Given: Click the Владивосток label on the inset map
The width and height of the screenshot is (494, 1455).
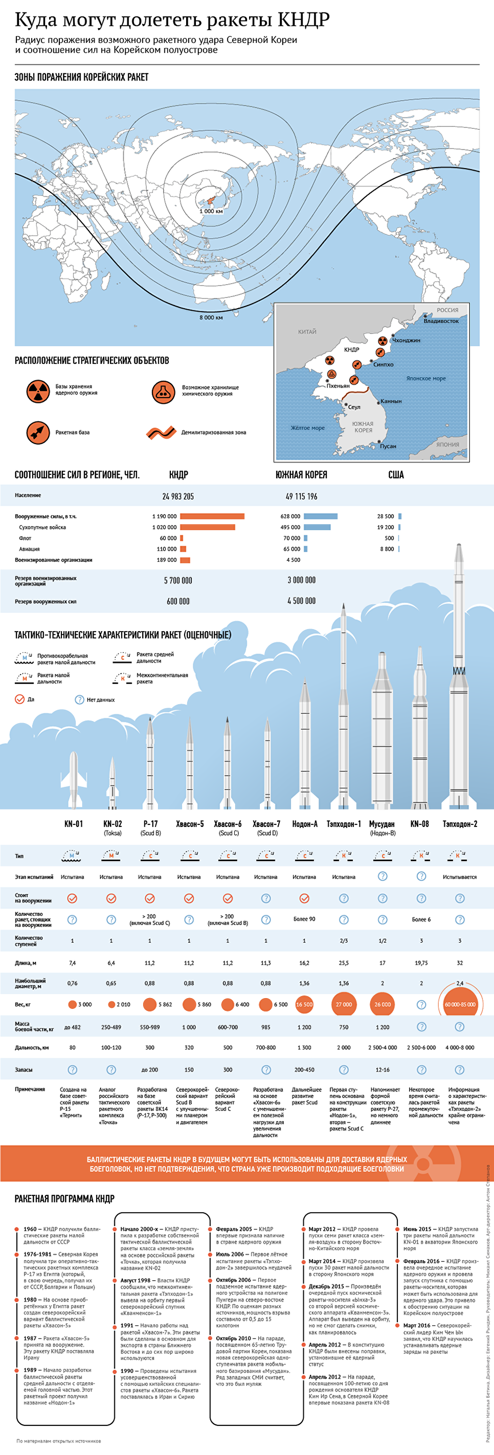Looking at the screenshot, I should pos(441,321).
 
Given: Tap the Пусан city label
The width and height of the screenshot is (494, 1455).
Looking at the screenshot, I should pos(388,446).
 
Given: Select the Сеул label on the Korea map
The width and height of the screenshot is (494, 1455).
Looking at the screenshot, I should pos(354,407).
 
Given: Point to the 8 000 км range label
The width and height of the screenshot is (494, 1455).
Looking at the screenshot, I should pos(211,317).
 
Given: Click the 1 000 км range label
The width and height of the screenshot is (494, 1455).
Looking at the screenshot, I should pos(211,211).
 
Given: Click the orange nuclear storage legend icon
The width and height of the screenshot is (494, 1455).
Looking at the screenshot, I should pos(38,391).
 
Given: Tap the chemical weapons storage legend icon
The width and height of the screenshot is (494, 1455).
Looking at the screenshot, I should pos(163,391).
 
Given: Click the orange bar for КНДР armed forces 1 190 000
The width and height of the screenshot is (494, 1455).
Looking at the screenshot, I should pos(212,516).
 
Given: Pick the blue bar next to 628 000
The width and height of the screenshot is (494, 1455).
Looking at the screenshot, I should pos(321,516).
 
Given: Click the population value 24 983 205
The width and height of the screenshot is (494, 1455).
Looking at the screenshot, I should pos(178,496).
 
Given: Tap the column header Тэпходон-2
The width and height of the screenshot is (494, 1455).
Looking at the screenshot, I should pos(460,824).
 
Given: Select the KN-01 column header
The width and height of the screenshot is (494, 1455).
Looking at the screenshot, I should pos(74,824).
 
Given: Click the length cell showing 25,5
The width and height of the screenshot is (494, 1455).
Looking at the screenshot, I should pos(344,963).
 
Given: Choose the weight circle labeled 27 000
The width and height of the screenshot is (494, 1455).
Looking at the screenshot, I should pos(344,1005).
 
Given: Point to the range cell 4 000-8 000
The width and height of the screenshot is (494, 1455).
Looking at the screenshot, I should pos(460,1048).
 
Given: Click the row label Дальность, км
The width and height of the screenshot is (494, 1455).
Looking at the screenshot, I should pos(32,1048).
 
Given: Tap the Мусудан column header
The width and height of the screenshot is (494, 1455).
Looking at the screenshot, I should pos(382,824).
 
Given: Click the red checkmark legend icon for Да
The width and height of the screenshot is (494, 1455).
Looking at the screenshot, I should pos(20,699).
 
